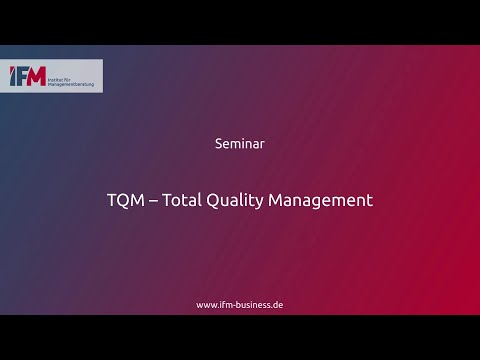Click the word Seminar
(239, 143)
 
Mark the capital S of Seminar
(219, 143)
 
